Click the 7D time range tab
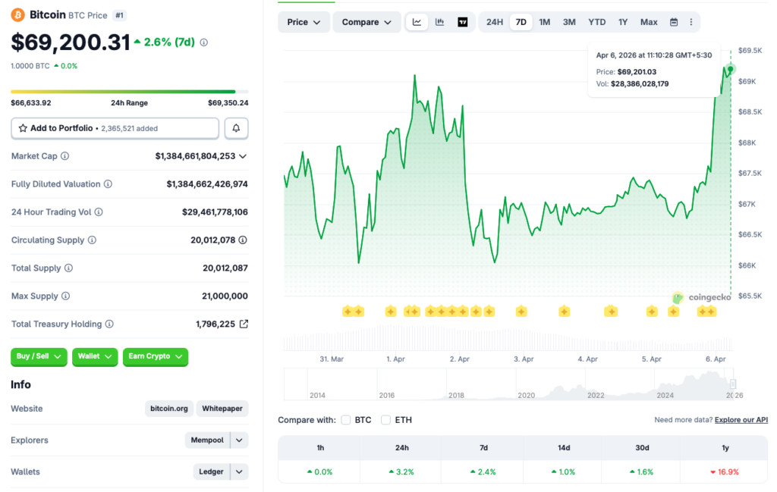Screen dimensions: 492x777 [521, 22]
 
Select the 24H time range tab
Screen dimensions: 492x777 [495, 22]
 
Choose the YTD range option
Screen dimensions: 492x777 [597, 22]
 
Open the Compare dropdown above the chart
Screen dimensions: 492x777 [366, 22]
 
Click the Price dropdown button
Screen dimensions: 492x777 [304, 22]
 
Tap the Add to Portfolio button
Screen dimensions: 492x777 [115, 128]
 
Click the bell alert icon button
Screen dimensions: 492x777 [236, 128]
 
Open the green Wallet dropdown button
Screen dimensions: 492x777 [95, 356]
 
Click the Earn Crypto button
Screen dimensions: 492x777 [155, 356]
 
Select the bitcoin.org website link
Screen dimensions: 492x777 [169, 409]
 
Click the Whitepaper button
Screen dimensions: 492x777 [223, 409]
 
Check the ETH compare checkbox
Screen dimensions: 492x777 [385, 420]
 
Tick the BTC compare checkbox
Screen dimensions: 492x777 [346, 420]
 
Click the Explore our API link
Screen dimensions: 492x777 [741, 420]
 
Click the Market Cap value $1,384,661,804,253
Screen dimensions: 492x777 [195, 156]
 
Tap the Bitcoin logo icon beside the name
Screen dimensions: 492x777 [17, 15]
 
